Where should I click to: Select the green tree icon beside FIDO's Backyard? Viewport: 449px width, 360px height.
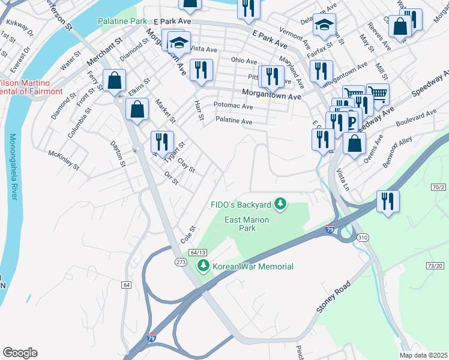(x=279, y=205)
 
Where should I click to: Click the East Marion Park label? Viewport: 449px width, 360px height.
(x=247, y=224)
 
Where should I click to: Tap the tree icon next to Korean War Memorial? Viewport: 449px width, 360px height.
(x=203, y=266)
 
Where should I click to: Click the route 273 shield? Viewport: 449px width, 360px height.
(x=180, y=263)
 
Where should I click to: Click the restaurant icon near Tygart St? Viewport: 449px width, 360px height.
(x=161, y=142)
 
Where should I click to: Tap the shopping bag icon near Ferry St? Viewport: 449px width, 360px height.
(x=113, y=80)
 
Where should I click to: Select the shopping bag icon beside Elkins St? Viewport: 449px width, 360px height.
(x=137, y=110)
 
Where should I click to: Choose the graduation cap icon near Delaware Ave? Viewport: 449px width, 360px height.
(x=324, y=25)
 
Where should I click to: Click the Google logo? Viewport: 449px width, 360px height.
(x=19, y=353)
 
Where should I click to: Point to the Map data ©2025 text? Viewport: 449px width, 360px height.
(x=423, y=355)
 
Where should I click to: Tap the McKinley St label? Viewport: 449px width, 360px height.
(x=63, y=160)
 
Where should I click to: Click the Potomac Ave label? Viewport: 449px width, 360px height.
(x=234, y=106)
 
